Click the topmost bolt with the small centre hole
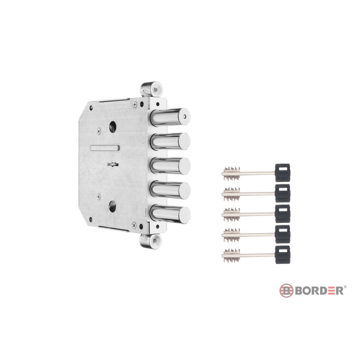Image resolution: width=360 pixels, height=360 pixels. [x=170, y=117]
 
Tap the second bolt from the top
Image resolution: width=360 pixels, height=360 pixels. [x=170, y=141]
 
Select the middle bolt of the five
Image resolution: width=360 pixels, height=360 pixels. [x=170, y=166]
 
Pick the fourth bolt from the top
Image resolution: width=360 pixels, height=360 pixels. [x=170, y=191]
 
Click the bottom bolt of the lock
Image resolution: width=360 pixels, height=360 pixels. [x=170, y=215]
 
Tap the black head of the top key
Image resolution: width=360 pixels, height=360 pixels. [x=282, y=172]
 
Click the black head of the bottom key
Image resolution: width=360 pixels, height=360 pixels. [x=282, y=255]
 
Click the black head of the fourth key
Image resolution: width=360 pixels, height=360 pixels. [x=282, y=234]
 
